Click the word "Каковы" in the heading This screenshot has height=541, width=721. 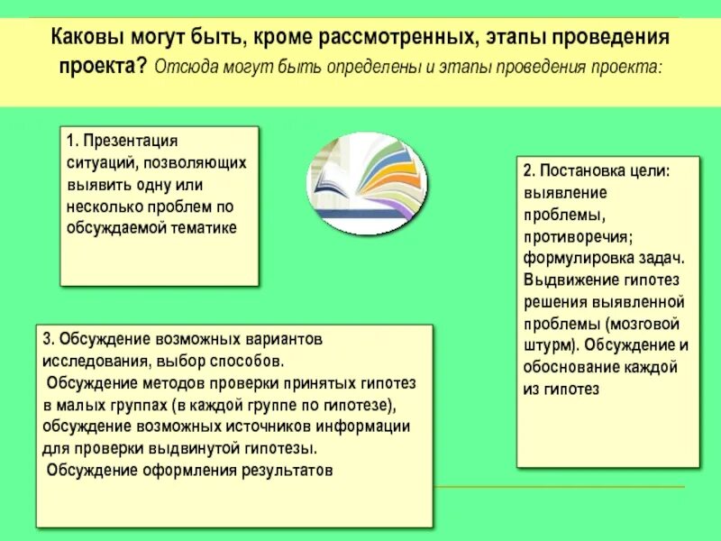(86, 39)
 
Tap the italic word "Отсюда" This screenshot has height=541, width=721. (187, 68)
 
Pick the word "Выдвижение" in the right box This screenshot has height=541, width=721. (570, 280)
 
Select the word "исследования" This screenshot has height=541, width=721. (91, 362)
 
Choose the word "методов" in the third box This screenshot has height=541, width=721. (169, 383)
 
